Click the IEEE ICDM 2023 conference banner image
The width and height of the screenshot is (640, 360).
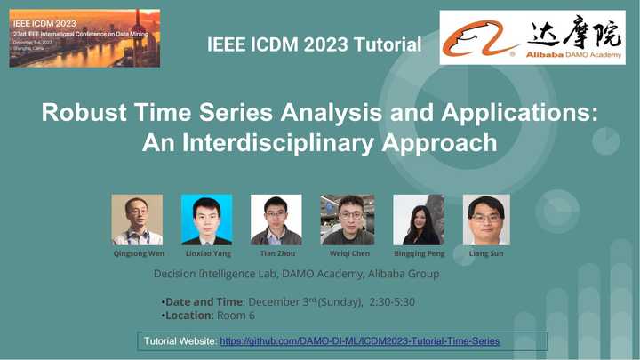pos(84,38)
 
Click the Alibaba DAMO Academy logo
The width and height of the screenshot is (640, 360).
pos(532,37)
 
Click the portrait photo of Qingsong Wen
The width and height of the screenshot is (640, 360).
pos(137,220)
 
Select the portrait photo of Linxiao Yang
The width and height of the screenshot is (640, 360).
pos(206,220)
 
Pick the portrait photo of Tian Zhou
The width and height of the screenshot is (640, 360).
pos(276,220)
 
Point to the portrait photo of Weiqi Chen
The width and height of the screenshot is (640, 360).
pos(347,220)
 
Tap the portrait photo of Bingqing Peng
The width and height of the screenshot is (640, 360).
pos(418,220)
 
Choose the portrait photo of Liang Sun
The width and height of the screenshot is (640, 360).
pos(486,220)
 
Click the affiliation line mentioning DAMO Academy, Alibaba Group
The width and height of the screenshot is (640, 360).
pos(296,274)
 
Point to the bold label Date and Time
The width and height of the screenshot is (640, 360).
pos(204,302)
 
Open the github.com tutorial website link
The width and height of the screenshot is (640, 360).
pos(359,341)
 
